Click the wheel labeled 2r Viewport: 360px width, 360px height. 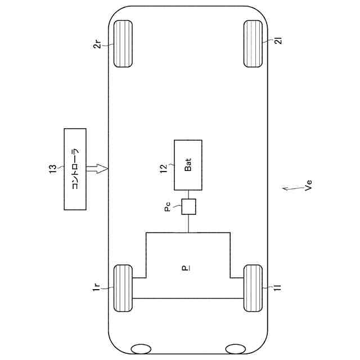tap(123, 44)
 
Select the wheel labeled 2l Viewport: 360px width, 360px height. tap(253, 44)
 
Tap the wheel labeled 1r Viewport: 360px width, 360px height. tap(123, 288)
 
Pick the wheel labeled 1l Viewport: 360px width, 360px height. tap(253, 288)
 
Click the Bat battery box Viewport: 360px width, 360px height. tap(188, 165)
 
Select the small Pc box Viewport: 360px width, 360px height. tap(189, 206)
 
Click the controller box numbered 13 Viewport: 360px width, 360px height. tap(75, 169)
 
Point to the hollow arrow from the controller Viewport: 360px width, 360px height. tap(97, 169)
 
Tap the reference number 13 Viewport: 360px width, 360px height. tap(53, 169)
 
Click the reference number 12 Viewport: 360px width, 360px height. tap(164, 169)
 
